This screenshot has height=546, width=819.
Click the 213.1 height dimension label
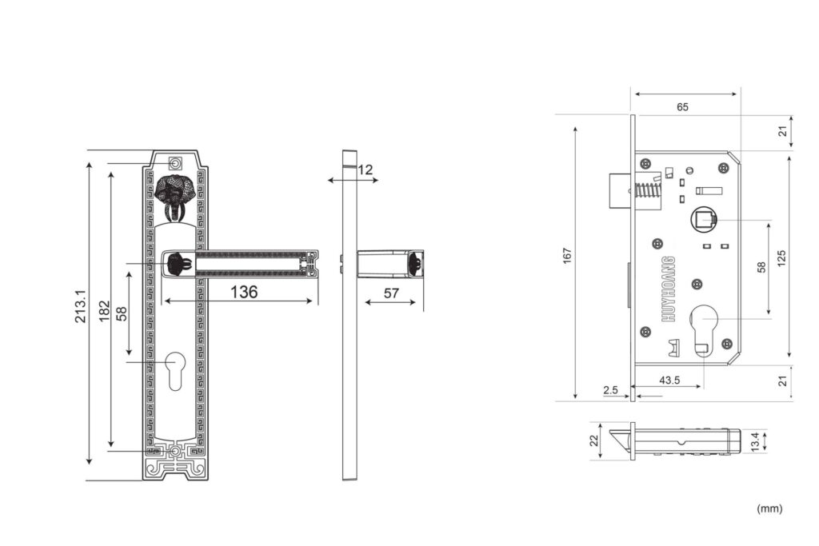pyautogui.click(x=81, y=307)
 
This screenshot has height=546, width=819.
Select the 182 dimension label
pyautogui.click(x=105, y=311)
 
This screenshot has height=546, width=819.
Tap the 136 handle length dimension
pyautogui.click(x=244, y=292)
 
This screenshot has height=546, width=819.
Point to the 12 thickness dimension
pyautogui.click(x=366, y=169)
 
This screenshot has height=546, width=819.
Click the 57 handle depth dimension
pyautogui.click(x=391, y=293)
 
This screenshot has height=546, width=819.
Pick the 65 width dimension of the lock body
pyautogui.click(x=682, y=107)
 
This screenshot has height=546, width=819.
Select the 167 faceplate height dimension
pyautogui.click(x=567, y=256)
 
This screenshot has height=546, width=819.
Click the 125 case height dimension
pyautogui.click(x=781, y=258)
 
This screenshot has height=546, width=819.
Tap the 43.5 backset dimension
pyautogui.click(x=669, y=380)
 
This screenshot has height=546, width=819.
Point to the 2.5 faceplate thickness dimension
pyautogui.click(x=610, y=390)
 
